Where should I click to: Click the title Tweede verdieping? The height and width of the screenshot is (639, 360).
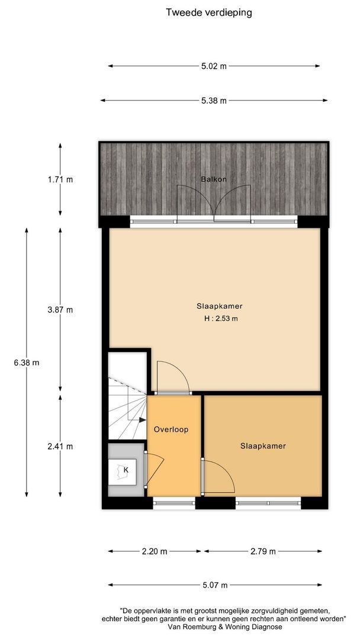point(209,12)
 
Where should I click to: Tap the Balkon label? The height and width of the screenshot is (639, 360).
point(214,179)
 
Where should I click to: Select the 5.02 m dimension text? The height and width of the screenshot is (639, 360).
point(214,66)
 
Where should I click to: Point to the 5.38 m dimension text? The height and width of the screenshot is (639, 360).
point(214,101)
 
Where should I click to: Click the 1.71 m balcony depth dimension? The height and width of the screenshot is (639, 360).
point(60,179)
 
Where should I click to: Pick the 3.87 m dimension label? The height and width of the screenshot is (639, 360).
point(60,309)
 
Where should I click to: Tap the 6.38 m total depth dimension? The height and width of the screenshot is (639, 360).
point(27,362)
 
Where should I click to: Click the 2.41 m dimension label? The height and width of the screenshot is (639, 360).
point(60,446)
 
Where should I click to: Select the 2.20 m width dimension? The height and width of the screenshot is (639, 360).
point(155,551)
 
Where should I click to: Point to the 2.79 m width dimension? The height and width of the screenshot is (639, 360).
point(263,551)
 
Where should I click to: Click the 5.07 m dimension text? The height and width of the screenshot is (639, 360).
point(215,585)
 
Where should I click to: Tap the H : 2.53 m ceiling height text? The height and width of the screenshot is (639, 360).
point(221,319)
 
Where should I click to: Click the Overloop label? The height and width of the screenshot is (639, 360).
point(171,430)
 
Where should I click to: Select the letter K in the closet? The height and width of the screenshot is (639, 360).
point(126,470)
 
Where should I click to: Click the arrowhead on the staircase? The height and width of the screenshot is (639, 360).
point(142,419)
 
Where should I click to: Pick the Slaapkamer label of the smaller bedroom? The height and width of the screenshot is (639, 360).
point(263,446)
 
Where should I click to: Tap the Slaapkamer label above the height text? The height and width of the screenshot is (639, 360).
point(220,306)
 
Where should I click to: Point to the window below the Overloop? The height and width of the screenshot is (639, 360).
point(174,503)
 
